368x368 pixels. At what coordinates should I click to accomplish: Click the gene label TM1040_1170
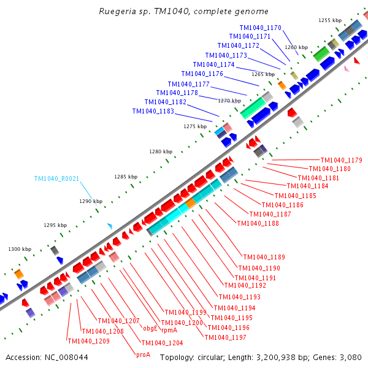pos(260,28)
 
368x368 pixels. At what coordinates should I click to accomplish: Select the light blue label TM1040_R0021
pos(57,178)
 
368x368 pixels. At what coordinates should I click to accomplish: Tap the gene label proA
pos(143,354)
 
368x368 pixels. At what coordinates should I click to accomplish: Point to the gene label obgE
pos(150,328)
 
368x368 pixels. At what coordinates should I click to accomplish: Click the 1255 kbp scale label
pos(330,20)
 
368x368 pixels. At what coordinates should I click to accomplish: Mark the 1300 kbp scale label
pos(19,249)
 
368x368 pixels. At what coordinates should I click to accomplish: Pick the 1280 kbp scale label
pos(161,151)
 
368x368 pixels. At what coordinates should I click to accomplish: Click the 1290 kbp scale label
pos(91,201)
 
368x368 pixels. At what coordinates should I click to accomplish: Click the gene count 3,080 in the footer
pos(348,357)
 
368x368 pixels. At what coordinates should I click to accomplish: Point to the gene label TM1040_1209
pos(88,341)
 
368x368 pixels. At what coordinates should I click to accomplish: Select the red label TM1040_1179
pos(341,160)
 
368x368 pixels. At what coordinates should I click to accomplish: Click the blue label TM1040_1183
pos(153,111)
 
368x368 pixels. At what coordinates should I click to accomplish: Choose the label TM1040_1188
pos(258,223)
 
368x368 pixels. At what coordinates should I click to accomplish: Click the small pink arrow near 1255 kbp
pos(347,69)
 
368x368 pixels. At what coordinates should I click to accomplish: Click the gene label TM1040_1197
pos(225,337)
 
